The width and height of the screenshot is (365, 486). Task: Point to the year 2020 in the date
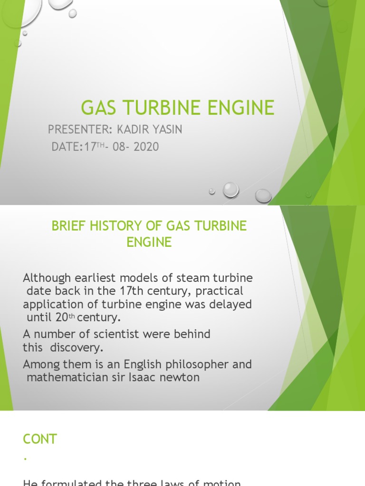(146, 147)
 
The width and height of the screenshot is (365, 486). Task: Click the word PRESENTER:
(79, 129)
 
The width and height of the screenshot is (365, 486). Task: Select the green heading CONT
(40, 439)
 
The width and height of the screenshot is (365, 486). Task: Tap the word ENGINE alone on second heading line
(149, 242)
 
